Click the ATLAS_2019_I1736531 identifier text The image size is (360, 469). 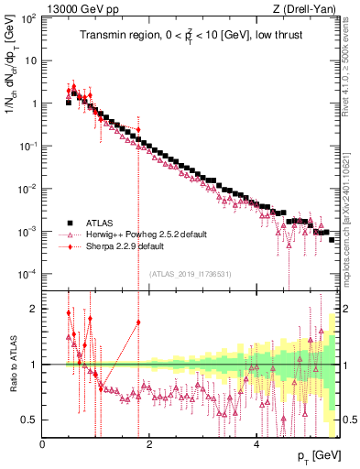pyautogui.click(x=191, y=274)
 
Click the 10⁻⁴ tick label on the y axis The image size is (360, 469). pyautogui.click(x=28, y=274)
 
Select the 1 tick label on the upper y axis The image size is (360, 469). pyautogui.click(x=34, y=104)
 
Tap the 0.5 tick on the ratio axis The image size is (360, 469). pyautogui.click(x=29, y=420)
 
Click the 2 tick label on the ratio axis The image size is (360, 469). pyautogui.click(x=34, y=308)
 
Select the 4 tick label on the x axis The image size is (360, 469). pyautogui.click(x=256, y=444)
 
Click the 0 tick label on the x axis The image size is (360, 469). pyautogui.click(x=43, y=444)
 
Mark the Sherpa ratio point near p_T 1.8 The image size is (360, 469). pyautogui.click(x=138, y=322)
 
